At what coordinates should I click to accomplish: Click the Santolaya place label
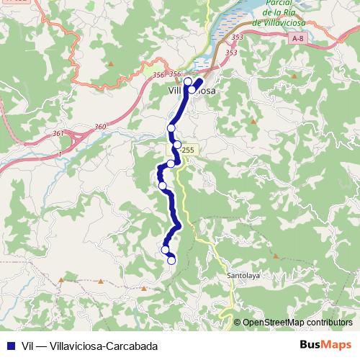[x=243, y=275]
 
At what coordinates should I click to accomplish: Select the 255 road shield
[x=188, y=150]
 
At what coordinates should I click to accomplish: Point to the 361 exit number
[x=58, y=133]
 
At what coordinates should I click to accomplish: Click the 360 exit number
[x=99, y=127]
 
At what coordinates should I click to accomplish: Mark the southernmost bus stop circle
[x=171, y=261]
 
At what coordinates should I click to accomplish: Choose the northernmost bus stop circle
[x=188, y=81]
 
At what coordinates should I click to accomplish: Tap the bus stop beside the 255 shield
[x=177, y=145]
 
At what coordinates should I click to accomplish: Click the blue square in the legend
[x=8, y=344]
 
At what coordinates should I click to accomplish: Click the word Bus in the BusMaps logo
[x=311, y=344]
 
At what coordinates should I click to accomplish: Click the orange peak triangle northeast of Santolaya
[x=276, y=255]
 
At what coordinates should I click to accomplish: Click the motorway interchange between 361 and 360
[x=81, y=136]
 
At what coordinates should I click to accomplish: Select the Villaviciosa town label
[x=192, y=91]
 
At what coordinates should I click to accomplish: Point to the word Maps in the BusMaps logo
[x=336, y=344]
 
